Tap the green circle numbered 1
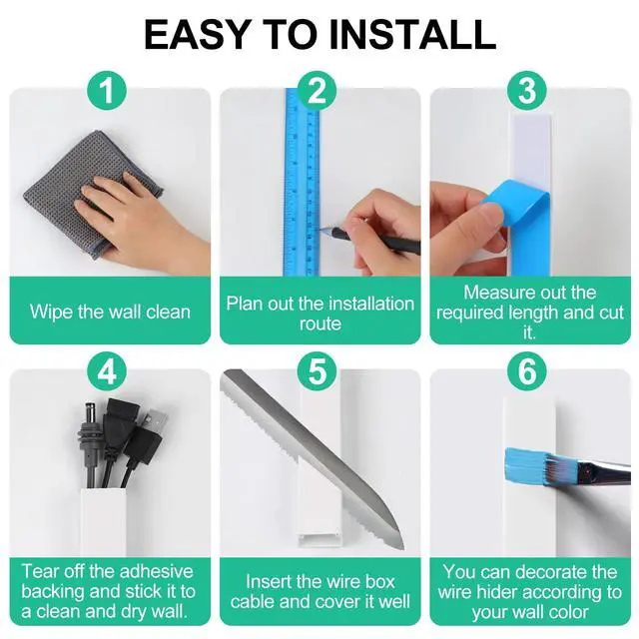pyautogui.click(x=107, y=91)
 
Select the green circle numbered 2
pyautogui.click(x=318, y=91)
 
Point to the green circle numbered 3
pyautogui.click(x=527, y=91)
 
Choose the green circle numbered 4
pyautogui.click(x=107, y=372)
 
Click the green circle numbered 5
pyautogui.click(x=318, y=372)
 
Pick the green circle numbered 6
pyautogui.click(x=527, y=372)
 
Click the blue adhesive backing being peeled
pyautogui.click(x=521, y=229)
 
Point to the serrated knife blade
pyautogui.click(x=314, y=456)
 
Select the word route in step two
pyautogui.click(x=320, y=323)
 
